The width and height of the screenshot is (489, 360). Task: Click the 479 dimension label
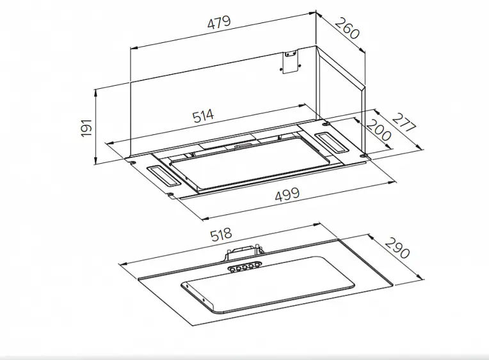tap(220, 22)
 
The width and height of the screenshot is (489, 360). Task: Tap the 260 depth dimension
tap(347, 29)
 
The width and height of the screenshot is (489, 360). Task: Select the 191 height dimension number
tap(86, 127)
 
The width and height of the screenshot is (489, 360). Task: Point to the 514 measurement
tap(204, 116)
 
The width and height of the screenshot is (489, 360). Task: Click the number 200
tap(378, 130)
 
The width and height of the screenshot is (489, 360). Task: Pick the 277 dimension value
tap(404, 123)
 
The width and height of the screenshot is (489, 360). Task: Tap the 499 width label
tap(287, 195)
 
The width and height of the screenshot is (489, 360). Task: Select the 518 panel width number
tap(221, 235)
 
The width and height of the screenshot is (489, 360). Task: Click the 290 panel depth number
tap(397, 248)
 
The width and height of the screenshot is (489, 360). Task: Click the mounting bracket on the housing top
tap(291, 61)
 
